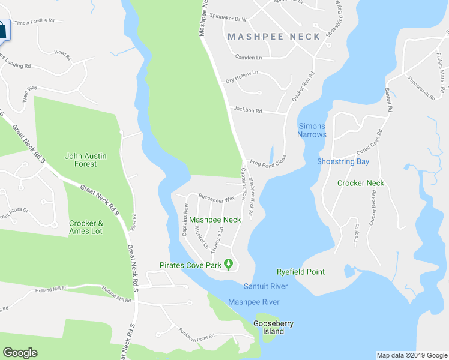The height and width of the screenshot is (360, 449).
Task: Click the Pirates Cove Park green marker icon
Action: click(x=228, y=265)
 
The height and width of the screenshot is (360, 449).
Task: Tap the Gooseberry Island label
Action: click(x=273, y=328)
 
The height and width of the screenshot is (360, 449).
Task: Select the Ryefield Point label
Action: click(x=300, y=272)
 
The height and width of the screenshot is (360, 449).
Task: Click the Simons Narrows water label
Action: click(x=312, y=130)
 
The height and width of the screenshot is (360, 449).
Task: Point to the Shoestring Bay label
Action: click(x=343, y=161)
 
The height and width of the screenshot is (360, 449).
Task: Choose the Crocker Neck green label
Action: click(x=360, y=183)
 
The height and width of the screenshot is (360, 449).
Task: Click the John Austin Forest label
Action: click(x=85, y=160)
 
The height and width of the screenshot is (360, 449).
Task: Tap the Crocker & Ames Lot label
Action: click(x=86, y=227)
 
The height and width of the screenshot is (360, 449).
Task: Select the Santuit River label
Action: click(x=265, y=286)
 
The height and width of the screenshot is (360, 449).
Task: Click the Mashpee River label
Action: click(x=253, y=302)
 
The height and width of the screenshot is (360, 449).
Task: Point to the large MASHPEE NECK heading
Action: click(x=274, y=37)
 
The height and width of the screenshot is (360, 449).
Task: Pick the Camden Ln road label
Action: click(x=249, y=57)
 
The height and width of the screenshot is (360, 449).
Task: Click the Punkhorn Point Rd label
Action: click(x=196, y=334)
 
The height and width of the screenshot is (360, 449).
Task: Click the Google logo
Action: click(x=20, y=353)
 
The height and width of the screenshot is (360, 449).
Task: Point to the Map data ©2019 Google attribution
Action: click(x=411, y=355)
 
